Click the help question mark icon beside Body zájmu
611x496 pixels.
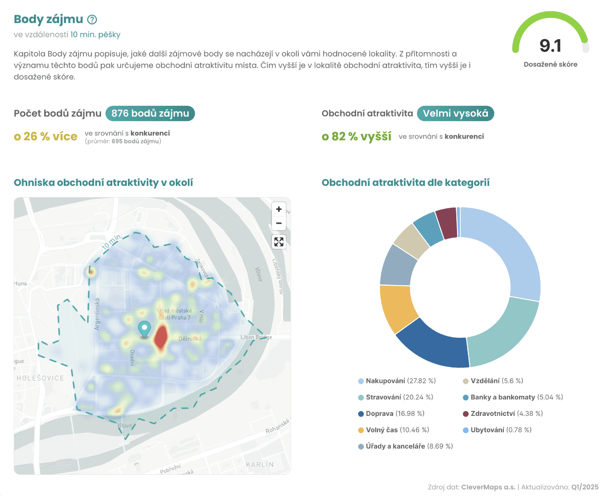[92, 19]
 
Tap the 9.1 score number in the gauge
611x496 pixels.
[550, 46]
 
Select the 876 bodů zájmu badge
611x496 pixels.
[150, 113]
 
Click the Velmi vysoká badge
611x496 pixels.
[455, 113]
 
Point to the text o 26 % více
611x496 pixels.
[46, 137]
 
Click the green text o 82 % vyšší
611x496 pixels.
[356, 137]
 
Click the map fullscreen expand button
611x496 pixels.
[279, 242]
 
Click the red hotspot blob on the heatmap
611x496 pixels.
[161, 337]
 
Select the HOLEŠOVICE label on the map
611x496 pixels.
[40, 378]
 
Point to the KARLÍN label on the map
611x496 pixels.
[260, 464]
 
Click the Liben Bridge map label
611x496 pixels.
[256, 337]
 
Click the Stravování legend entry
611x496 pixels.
[396, 397]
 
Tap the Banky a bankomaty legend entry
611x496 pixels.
[513, 397]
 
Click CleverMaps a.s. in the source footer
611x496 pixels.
[488, 487]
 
